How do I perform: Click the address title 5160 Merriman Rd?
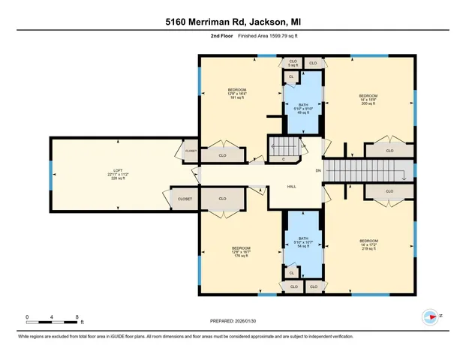click(233, 23)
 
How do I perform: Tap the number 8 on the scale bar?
click(77, 317)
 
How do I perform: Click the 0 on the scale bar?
click(27, 317)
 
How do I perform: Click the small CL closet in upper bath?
click(291, 76)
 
